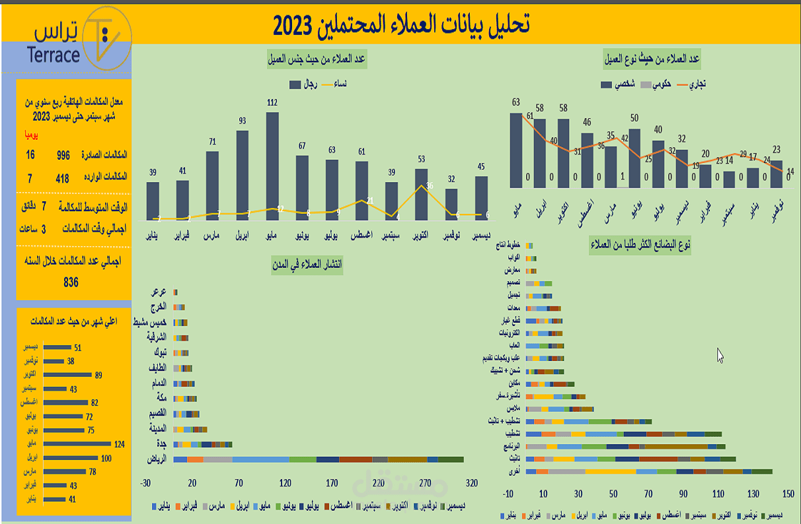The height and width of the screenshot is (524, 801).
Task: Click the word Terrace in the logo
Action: [x=54, y=55]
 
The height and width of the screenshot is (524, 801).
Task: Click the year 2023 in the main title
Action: [x=297, y=26]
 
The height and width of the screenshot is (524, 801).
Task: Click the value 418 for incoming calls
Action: [x=62, y=178]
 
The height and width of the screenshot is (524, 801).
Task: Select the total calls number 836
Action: [x=71, y=282]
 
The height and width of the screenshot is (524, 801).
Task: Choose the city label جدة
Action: [x=161, y=444]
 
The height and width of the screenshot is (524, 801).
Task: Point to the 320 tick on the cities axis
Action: [x=472, y=484]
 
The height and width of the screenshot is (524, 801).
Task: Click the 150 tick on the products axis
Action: [x=788, y=494]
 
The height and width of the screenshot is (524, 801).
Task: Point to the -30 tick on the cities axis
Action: [x=145, y=484]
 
